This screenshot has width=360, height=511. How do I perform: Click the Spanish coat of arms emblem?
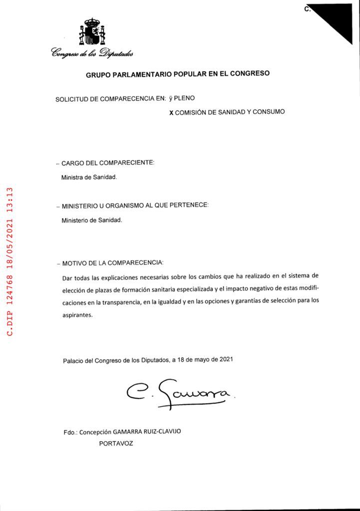91,32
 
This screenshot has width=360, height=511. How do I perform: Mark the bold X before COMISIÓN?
171,113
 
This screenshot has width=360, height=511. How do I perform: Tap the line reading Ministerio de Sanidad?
91,220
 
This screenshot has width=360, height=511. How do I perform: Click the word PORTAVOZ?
116,443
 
